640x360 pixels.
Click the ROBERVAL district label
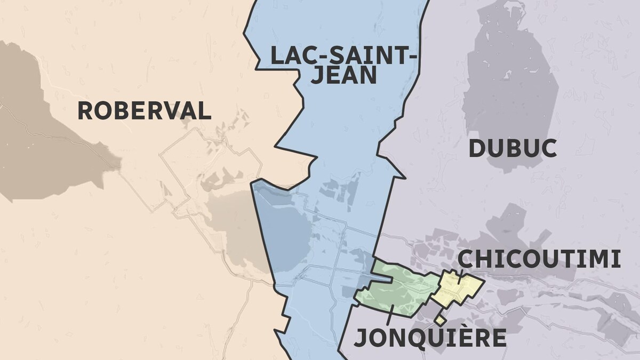coord(145,111)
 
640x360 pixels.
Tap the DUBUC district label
coord(513,148)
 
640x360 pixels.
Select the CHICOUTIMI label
coord(539,259)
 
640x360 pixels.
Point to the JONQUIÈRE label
coord(430,338)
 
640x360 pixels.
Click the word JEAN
coord(343,75)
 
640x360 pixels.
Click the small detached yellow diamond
coord(440,320)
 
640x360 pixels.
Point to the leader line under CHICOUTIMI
coord(460,277)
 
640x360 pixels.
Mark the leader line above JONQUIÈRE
coord(392,315)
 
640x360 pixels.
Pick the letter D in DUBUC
coord(476,148)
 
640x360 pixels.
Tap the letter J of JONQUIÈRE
coord(361,338)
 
